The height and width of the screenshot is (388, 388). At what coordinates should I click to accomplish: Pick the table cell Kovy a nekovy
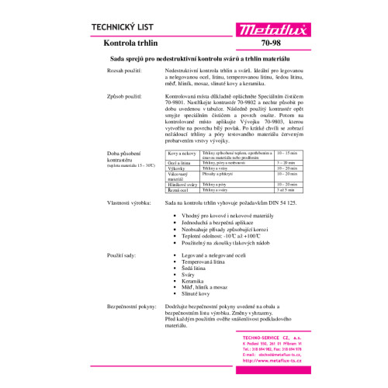pyautogui.click(x=181, y=154)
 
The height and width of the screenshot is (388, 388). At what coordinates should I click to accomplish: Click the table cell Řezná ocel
pyautogui.click(x=178, y=189)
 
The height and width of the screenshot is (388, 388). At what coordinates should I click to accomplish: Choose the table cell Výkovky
pyautogui.click(x=178, y=168)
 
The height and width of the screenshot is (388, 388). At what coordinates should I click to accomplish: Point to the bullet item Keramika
pyautogui.click(x=195, y=280)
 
